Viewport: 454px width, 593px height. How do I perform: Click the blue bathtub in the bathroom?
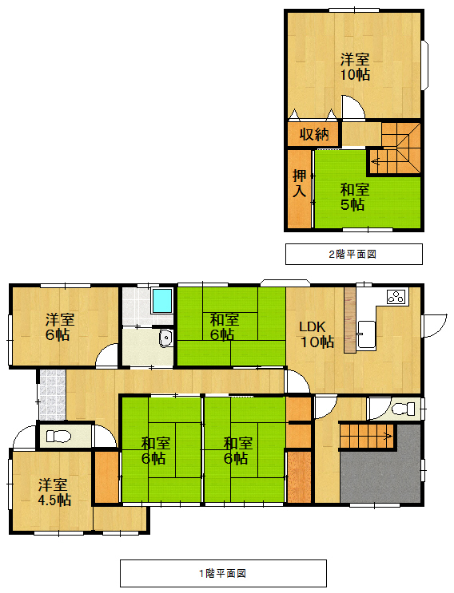click(x=162, y=300)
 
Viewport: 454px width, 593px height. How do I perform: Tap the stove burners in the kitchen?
click(x=396, y=297)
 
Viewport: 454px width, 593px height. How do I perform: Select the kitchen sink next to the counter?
click(x=366, y=335)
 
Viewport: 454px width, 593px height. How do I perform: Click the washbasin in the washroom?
click(x=165, y=338)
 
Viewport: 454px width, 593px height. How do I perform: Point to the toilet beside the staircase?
click(x=403, y=409)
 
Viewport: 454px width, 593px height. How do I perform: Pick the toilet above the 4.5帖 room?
click(x=58, y=437)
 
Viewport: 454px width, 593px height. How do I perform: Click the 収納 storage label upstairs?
click(x=314, y=134)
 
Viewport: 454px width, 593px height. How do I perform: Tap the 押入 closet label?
click(x=299, y=184)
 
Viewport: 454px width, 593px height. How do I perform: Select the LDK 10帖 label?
click(x=317, y=334)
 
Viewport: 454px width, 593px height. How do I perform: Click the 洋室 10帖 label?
click(x=355, y=67)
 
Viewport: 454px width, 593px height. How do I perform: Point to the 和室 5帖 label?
click(x=354, y=197)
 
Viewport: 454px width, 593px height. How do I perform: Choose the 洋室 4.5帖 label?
click(x=54, y=492)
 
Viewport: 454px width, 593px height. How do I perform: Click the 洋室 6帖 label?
click(x=59, y=327)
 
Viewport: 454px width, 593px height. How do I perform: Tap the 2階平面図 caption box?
click(x=353, y=254)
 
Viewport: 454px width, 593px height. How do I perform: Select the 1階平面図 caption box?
click(x=223, y=573)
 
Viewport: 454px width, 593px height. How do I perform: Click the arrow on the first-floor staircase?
click(x=387, y=436)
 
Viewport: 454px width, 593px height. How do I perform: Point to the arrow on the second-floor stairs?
click(x=376, y=162)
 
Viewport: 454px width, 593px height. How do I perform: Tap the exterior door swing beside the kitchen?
click(x=435, y=326)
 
